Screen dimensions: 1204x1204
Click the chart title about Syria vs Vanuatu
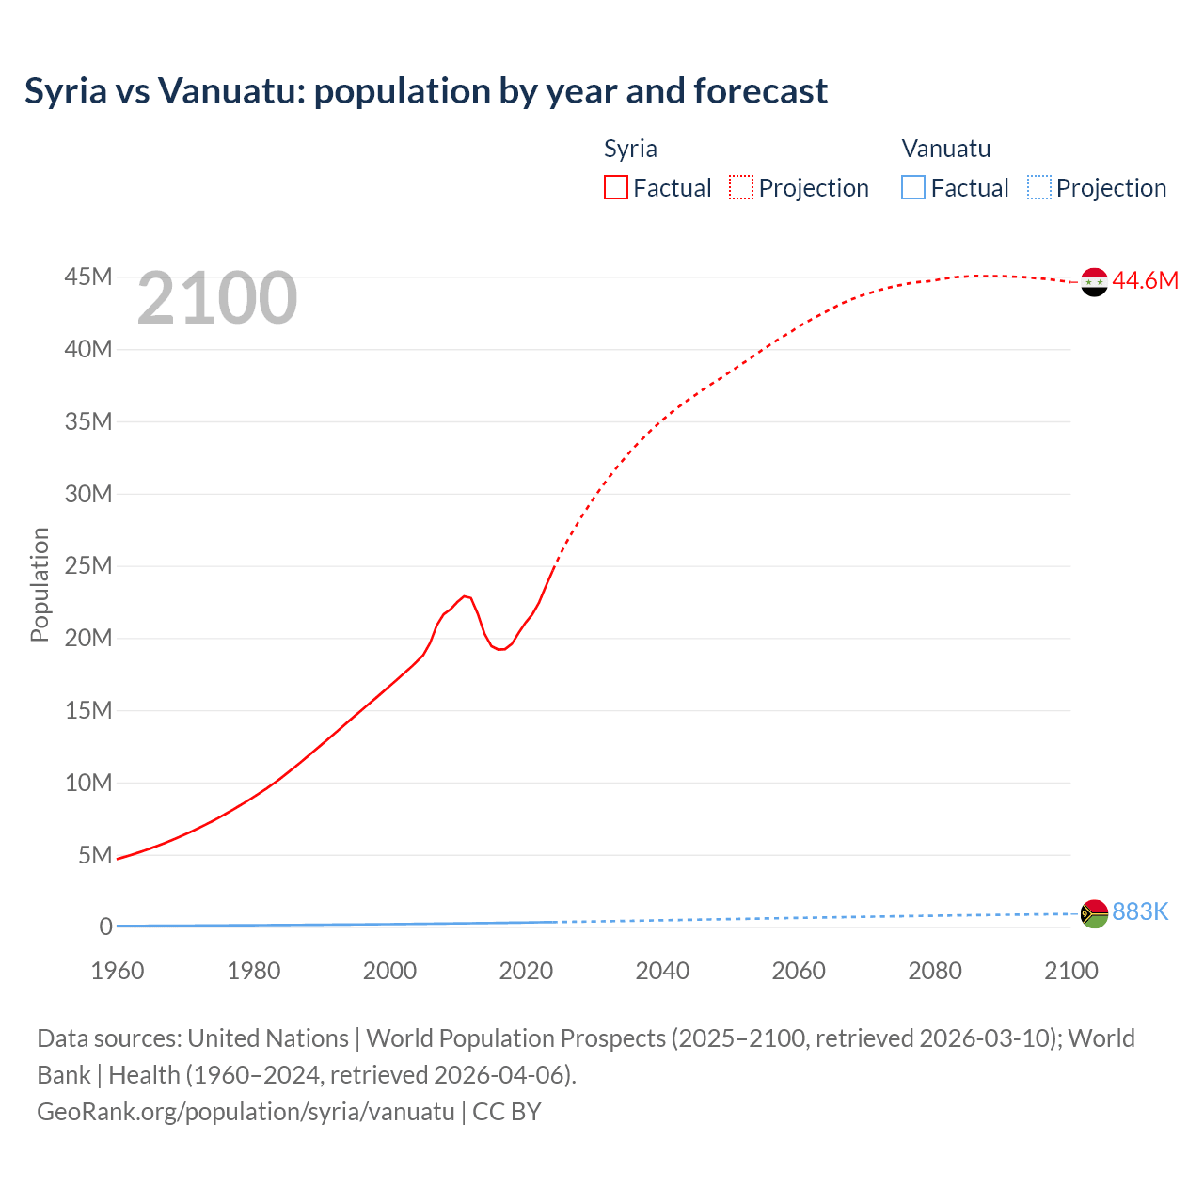coord(426,91)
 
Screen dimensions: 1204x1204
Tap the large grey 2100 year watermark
coord(217,299)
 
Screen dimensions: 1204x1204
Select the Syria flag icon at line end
coord(1094,281)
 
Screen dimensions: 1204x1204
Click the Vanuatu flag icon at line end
coord(1094,913)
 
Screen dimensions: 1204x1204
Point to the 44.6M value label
coord(1145,281)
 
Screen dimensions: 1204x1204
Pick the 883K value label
coord(1140,911)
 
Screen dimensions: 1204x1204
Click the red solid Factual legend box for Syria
coord(616,187)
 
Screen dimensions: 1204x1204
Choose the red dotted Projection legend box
coord(741,187)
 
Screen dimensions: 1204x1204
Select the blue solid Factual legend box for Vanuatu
coord(913,187)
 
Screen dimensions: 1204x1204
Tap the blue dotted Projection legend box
coord(1039,187)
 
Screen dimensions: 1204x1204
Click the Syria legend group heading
coord(630,149)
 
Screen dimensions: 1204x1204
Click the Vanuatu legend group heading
coord(945,149)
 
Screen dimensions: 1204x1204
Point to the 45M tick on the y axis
coord(88,277)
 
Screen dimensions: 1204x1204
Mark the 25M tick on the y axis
coord(88,566)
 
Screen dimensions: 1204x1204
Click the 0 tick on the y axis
coord(105,927)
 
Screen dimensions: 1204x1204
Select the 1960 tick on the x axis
coord(118,971)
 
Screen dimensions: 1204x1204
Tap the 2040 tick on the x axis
coord(662,971)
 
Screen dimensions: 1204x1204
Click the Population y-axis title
coord(40,584)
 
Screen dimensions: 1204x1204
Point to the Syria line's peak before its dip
coord(465,596)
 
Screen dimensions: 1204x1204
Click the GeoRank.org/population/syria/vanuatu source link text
coord(246,1112)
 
